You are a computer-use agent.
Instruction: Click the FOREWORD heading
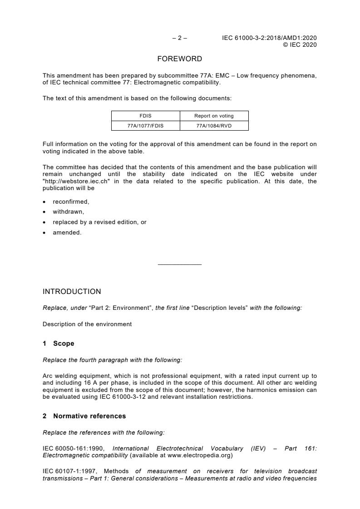click(x=179, y=59)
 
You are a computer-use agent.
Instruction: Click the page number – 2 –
click(x=179, y=38)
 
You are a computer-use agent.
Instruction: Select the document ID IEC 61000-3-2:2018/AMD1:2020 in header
click(x=269, y=38)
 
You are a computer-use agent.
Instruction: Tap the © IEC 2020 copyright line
click(x=300, y=44)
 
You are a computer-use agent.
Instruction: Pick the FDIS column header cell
click(x=145, y=116)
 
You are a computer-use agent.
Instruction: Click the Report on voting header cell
click(x=214, y=116)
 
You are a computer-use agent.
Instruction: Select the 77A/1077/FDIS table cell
click(x=145, y=126)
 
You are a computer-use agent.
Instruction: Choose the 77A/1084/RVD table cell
click(x=214, y=126)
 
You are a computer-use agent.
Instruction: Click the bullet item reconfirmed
click(x=71, y=202)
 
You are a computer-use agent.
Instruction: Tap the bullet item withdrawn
click(x=69, y=212)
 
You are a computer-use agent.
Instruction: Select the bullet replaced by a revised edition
click(x=99, y=222)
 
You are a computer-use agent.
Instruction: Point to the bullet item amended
click(x=67, y=233)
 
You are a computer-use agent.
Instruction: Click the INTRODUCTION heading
click(x=72, y=292)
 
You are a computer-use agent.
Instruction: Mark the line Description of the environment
click(x=87, y=324)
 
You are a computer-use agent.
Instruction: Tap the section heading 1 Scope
click(x=59, y=344)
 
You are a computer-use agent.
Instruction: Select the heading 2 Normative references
click(x=84, y=416)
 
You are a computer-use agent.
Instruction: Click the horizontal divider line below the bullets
click(x=179, y=264)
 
